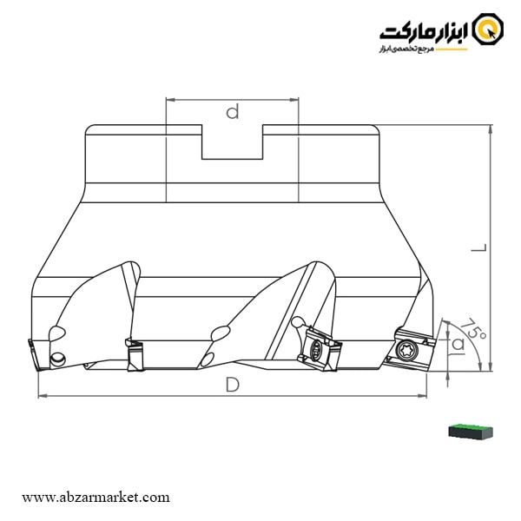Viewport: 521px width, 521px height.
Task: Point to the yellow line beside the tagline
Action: pos(456,50)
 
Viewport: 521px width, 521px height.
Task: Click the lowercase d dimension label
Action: pos(232,112)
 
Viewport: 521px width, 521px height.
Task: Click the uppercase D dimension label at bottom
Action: pos(232,385)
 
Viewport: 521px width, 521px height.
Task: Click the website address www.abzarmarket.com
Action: pos(96,498)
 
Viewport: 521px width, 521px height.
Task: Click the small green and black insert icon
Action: pos(470,431)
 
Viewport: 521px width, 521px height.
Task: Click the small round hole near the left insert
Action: pos(59,358)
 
